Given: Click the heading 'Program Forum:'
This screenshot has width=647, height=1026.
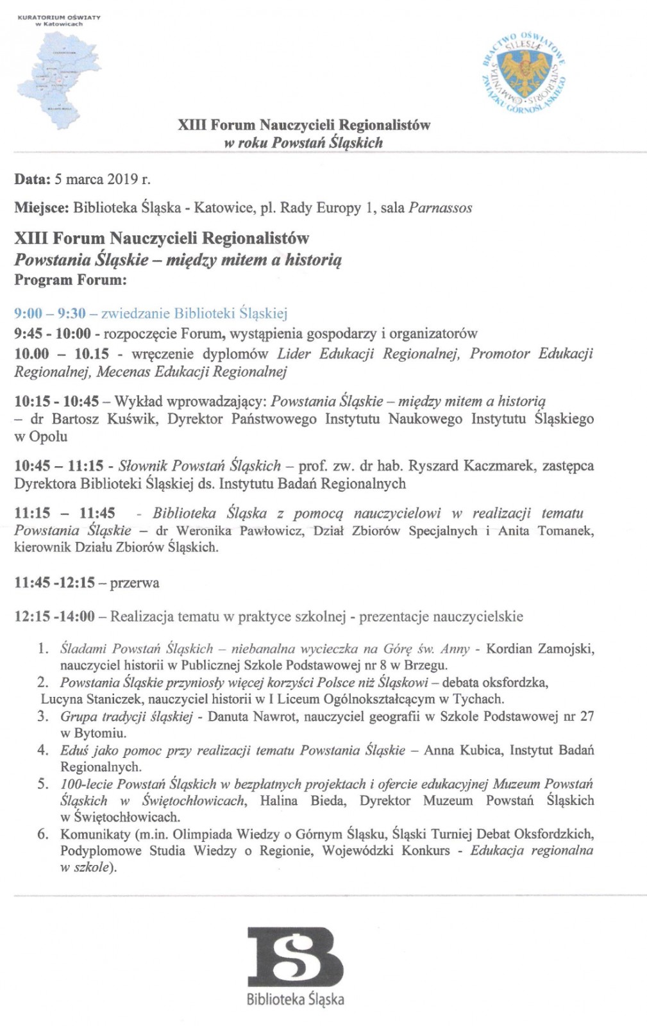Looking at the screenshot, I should coord(71,280).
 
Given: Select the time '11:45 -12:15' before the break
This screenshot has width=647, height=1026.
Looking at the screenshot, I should coord(55,583).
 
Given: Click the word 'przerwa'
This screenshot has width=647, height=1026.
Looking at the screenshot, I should coord(135,583).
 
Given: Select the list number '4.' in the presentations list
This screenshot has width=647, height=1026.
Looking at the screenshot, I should coord(43,750).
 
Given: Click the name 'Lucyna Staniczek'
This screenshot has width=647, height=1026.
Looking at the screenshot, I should coord(90,699).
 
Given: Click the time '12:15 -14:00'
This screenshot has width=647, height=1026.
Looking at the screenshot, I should coord(55,617).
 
